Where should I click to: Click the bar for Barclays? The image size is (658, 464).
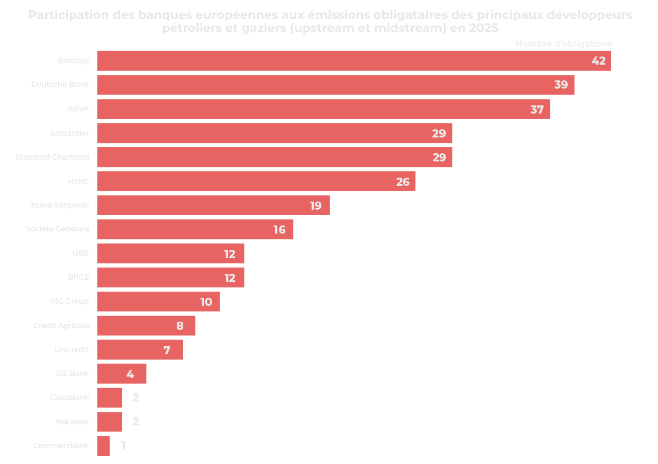click(353, 61)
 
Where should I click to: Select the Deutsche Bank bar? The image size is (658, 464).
click(336, 85)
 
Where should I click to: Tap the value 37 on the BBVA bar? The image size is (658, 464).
click(537, 109)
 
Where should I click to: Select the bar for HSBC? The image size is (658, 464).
click(256, 181)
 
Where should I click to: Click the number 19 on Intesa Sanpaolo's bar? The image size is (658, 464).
click(315, 206)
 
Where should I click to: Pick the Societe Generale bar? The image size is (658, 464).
click(195, 229)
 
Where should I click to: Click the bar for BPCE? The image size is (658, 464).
click(171, 277)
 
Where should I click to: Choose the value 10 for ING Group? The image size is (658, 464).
click(206, 302)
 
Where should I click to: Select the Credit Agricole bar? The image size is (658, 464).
click(146, 325)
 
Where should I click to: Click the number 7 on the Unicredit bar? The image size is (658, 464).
click(167, 350)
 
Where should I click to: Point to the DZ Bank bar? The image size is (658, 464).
click(122, 374)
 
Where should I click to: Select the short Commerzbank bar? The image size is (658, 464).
click(103, 446)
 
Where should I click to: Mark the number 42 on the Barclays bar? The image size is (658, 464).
click(598, 61)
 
